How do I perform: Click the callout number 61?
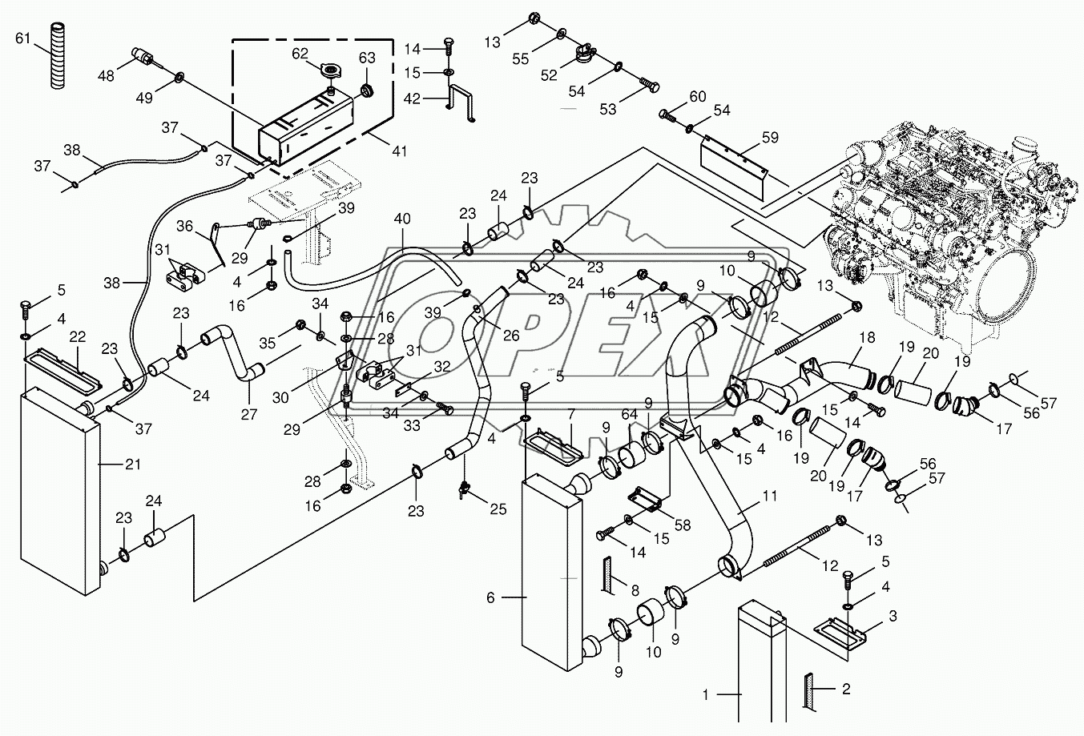pos(22,38)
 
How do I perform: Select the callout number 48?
pos(106,76)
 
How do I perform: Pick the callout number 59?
pos(770,138)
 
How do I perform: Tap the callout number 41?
pos(399,151)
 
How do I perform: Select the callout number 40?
pos(402,219)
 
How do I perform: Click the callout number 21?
pos(133,465)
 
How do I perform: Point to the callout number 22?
pos(78,336)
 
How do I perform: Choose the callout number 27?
pos(248,414)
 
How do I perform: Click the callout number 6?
pos(490,598)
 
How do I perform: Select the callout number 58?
pos(683,525)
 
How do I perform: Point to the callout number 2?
pos(846,689)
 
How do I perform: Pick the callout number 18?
pos(867,337)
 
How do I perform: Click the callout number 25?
pos(498,509)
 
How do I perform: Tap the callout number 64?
pos(630,414)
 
